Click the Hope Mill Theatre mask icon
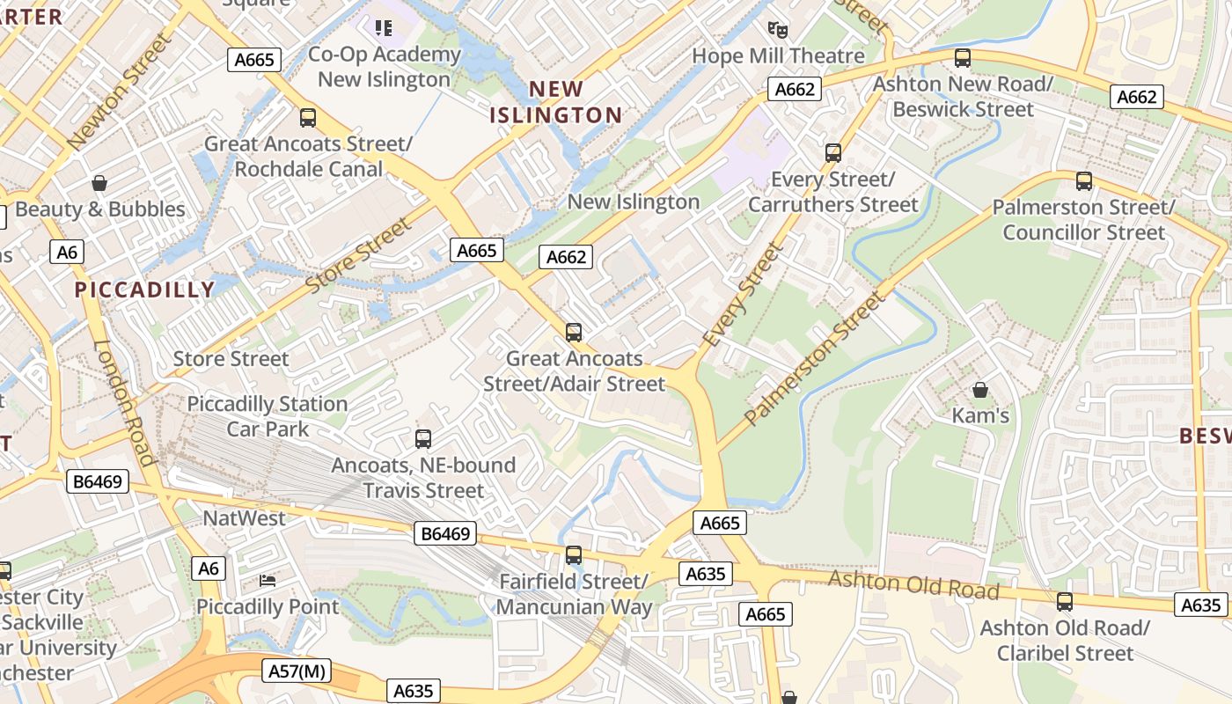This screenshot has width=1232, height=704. point(777,30)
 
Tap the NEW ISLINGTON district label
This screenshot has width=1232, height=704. point(555,102)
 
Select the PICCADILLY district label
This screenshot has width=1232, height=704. point(145,290)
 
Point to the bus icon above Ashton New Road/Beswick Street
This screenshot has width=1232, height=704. point(963,59)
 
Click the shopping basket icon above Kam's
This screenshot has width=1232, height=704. point(979,389)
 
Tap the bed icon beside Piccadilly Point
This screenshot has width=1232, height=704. point(268,581)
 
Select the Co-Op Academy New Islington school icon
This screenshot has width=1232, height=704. point(384,28)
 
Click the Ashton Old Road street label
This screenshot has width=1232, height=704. point(913,584)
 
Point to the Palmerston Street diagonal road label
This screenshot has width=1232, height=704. point(815,358)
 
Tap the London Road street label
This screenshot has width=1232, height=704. point(124,402)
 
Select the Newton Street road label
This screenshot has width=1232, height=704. point(121,91)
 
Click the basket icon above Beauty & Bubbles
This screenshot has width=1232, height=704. point(99,183)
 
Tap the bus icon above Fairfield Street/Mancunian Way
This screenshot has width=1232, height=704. point(574,555)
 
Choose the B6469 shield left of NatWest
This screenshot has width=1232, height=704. point(99,481)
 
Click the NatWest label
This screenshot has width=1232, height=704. point(245,518)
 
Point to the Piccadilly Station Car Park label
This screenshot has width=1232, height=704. point(268,416)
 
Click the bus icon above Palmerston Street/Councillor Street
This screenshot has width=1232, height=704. point(1083,181)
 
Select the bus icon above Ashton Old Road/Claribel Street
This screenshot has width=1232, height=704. point(1064,602)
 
